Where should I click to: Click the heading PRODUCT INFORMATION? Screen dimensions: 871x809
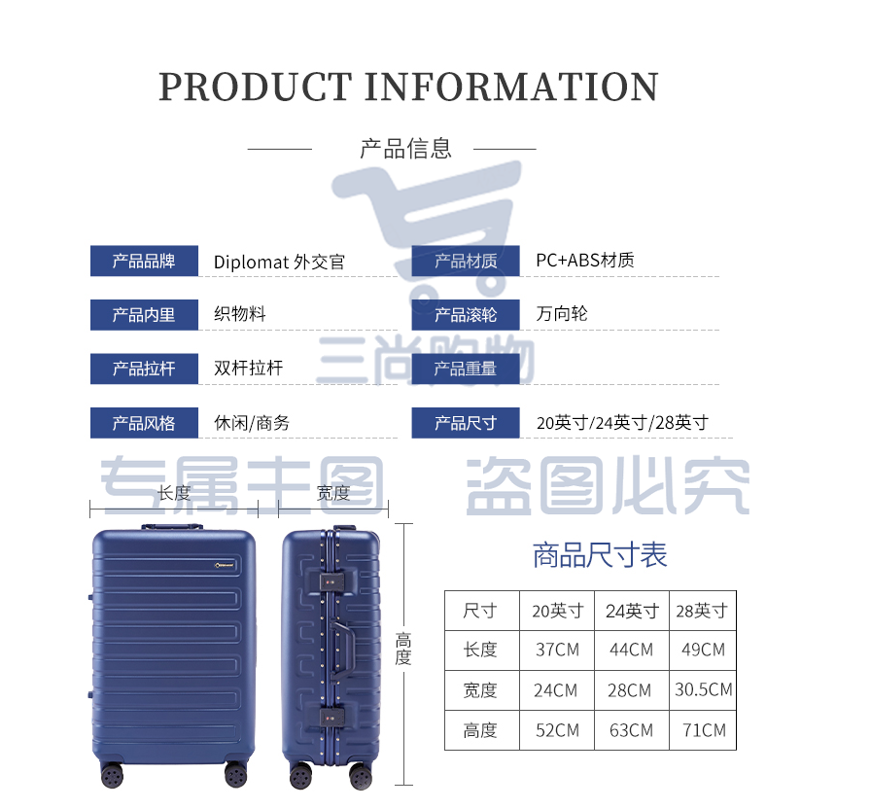pos(408,87)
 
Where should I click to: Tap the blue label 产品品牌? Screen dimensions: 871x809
pos(144,261)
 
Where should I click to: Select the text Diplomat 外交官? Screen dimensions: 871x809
pos(279,262)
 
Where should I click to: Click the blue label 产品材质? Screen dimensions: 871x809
pos(466,261)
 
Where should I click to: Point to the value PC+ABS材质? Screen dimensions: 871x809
pos(585,260)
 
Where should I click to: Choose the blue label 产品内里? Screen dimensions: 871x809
pos(144,315)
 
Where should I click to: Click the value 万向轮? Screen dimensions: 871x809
pos(562,314)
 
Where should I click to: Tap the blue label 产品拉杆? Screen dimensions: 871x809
pos(144,369)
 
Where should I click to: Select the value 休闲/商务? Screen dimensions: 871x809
pos(252,423)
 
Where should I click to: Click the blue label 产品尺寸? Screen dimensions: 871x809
pos(466,423)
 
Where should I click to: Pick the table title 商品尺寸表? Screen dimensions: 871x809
pos(600,554)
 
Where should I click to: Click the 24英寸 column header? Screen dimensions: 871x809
pos(632,612)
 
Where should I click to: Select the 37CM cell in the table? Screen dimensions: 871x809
pos(557,650)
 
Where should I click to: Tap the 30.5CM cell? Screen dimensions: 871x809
pos(703,689)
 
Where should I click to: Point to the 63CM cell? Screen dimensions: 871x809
pos(631,730)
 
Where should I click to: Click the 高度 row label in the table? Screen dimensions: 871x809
pos(480,730)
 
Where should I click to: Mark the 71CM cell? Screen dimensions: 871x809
pos(704,730)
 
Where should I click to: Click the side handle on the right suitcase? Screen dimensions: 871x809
pos(343,648)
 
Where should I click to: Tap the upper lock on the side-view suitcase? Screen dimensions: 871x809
pos(331,581)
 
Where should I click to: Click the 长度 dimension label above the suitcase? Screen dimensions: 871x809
pos(174,493)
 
